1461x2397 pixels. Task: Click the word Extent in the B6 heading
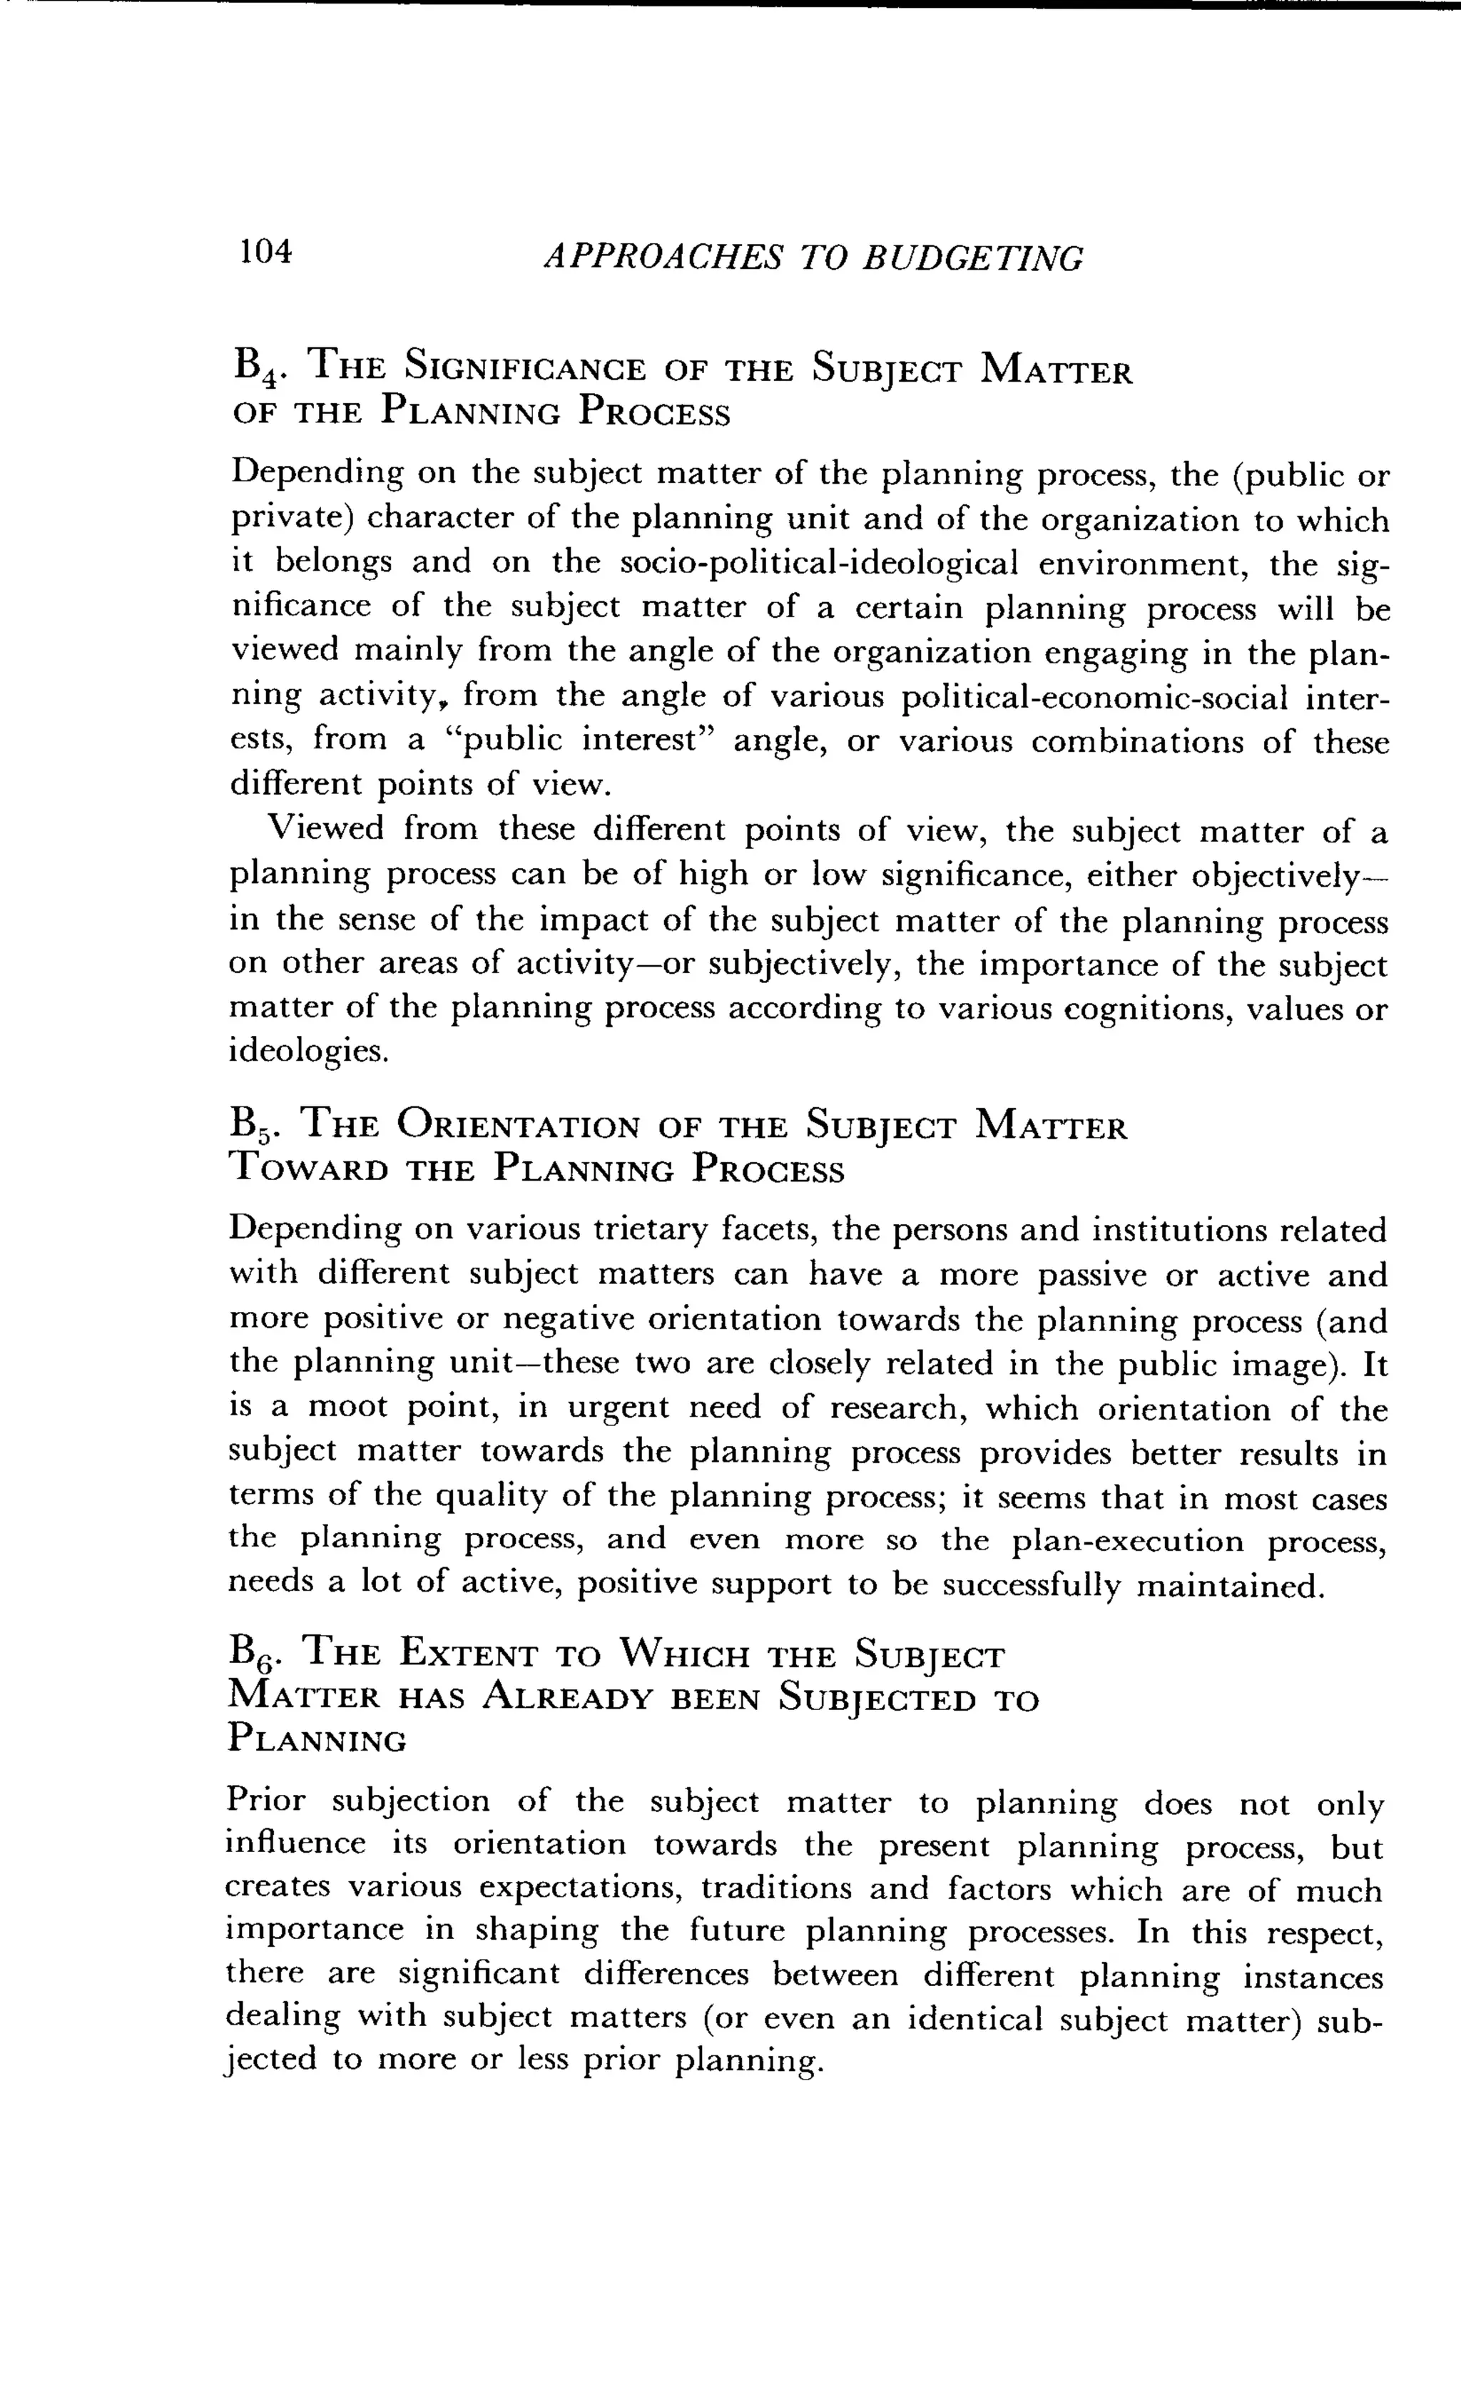[x=470, y=1653]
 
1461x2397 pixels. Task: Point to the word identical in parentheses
[x=973, y=2019]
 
